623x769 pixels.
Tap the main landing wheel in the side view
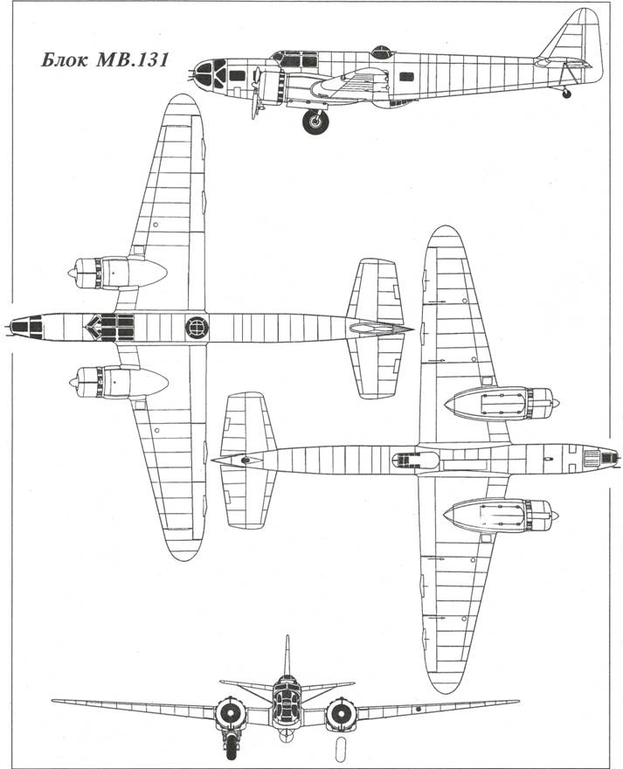click(x=315, y=121)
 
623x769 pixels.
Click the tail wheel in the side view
click(x=566, y=94)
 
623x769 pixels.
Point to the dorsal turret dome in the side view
click(x=381, y=52)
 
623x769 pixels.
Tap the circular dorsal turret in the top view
click(x=197, y=327)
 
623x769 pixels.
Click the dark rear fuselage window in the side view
click(x=406, y=77)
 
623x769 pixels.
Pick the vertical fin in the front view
click(x=288, y=655)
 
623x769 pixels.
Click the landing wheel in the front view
click(x=231, y=744)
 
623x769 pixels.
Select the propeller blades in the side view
click(x=257, y=94)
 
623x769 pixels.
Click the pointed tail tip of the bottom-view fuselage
click(x=214, y=460)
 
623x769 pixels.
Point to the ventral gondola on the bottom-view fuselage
click(x=415, y=460)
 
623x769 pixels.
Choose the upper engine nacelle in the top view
click(x=118, y=273)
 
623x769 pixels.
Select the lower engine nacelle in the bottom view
click(x=502, y=516)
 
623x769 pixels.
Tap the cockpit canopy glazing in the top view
click(x=110, y=327)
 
